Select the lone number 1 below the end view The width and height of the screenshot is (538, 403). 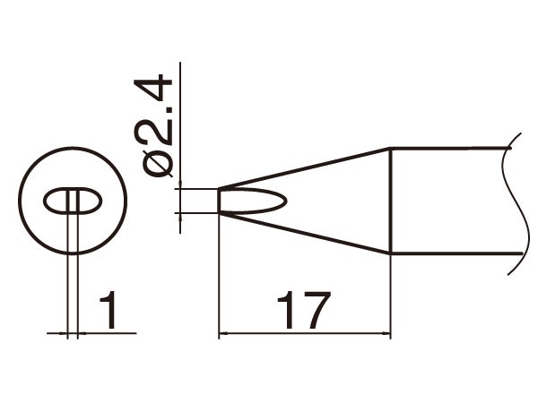pos(109,310)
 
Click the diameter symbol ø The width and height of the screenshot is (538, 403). pos(158,166)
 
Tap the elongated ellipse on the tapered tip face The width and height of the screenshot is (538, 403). pos(256,201)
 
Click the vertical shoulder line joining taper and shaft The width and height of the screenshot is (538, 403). pos(391,202)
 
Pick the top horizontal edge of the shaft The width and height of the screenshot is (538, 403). pos(448,149)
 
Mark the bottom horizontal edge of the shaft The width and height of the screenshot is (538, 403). pos(448,256)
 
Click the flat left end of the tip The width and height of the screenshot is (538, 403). pos(220,201)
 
